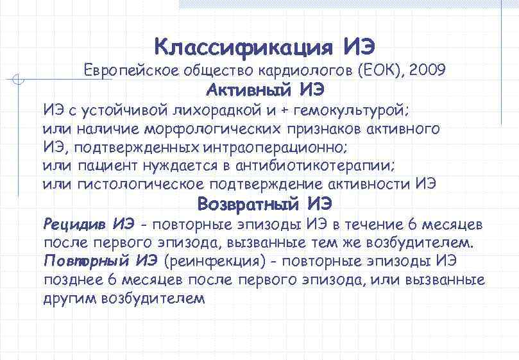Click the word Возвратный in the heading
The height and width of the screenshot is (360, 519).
[248, 204]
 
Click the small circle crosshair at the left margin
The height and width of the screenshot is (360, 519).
[19, 80]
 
